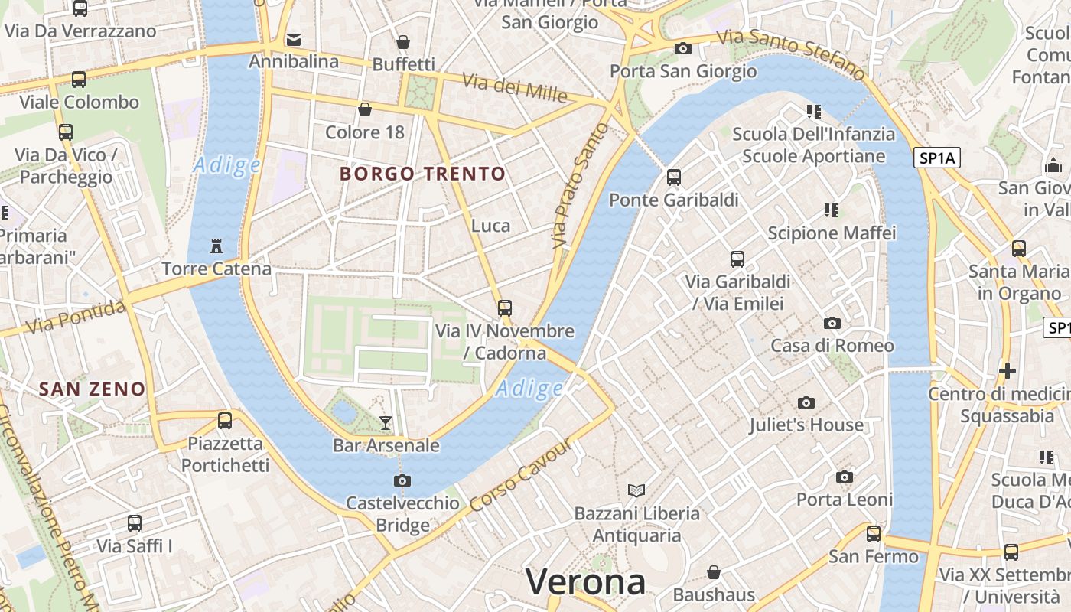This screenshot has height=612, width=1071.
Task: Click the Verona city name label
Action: click(x=585, y=582)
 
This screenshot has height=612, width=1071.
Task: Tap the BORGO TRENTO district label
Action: click(x=423, y=174)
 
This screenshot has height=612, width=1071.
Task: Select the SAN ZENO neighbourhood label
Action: click(x=92, y=389)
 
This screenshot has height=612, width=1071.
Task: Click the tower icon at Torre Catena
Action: click(x=216, y=246)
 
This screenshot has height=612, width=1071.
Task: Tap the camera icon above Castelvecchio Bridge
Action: click(x=402, y=480)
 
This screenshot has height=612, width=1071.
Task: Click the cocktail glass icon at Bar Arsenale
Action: click(x=386, y=423)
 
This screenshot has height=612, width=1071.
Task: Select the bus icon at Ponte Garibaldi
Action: click(x=673, y=177)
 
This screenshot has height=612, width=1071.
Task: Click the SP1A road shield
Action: click(x=937, y=158)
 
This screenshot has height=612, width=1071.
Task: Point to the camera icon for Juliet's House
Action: click(x=806, y=402)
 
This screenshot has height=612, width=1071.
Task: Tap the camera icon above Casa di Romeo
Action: click(x=832, y=323)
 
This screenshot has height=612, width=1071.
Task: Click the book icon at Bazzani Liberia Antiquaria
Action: click(x=636, y=490)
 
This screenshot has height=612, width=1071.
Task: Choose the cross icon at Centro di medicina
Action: click(x=1007, y=371)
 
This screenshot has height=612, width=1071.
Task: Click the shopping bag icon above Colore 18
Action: click(x=365, y=109)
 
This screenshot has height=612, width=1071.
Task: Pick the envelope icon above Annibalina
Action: click(x=293, y=39)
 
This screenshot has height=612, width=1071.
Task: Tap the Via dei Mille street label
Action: click(x=514, y=89)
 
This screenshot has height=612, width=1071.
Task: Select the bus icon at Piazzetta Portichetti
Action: click(x=224, y=420)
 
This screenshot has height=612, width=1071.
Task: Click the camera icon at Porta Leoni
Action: click(x=845, y=477)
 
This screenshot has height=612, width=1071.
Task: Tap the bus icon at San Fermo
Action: click(x=873, y=533)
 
